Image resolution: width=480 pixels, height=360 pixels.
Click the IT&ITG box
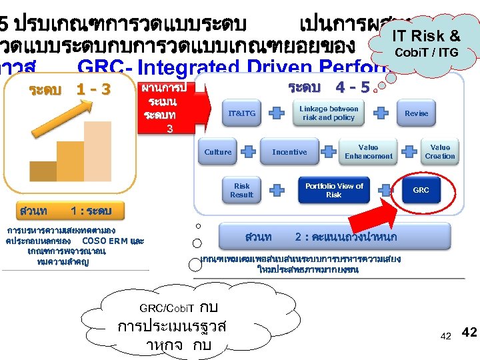241,114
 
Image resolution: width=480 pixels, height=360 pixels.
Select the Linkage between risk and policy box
329,113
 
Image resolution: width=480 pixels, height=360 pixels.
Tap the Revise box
416,113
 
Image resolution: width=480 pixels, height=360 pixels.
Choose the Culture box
218,152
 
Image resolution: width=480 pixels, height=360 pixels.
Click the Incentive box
289,152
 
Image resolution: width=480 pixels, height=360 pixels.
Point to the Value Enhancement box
368,152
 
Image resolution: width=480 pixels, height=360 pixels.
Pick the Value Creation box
440,152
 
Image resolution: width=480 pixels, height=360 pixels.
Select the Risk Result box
241,191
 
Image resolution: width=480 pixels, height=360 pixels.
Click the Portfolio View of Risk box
334,191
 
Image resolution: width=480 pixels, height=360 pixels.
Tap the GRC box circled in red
421,191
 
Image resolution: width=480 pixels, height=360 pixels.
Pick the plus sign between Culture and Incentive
248,152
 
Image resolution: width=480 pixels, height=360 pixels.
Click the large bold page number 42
469,332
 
